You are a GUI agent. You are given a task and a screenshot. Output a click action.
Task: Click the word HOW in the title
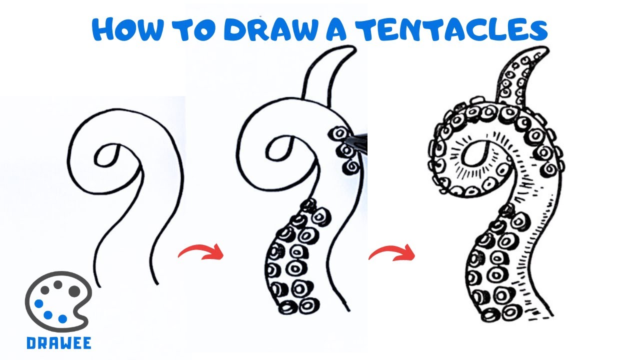pyautogui.click(x=127, y=29)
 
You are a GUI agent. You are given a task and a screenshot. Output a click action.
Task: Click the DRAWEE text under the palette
pyautogui.click(x=59, y=343)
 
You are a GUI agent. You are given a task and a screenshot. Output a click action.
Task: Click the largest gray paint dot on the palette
pyautogui.click(x=74, y=291)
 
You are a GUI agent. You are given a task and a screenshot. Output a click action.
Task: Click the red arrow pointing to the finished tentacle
pyautogui.click(x=392, y=253)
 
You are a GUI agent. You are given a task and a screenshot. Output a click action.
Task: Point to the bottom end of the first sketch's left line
pyautogui.click(x=99, y=287)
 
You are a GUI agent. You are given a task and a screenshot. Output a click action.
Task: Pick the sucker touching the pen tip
pyautogui.click(x=340, y=133)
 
